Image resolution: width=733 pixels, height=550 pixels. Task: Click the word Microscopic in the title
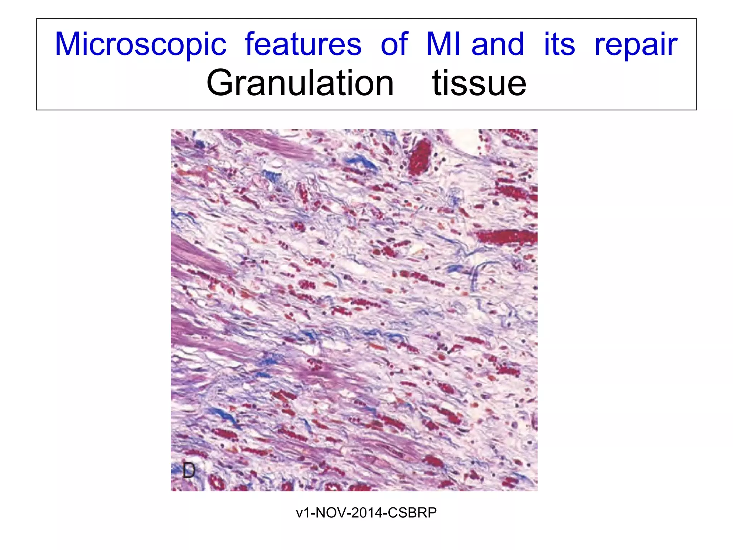[x=141, y=44]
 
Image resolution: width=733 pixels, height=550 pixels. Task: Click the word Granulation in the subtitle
[x=300, y=83]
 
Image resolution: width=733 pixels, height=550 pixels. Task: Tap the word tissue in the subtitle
[x=479, y=83]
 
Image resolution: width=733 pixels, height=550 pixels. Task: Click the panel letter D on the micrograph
[x=189, y=470]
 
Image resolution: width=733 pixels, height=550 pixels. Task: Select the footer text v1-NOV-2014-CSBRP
[x=366, y=513]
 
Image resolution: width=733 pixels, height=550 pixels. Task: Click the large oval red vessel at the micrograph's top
[x=421, y=156]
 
